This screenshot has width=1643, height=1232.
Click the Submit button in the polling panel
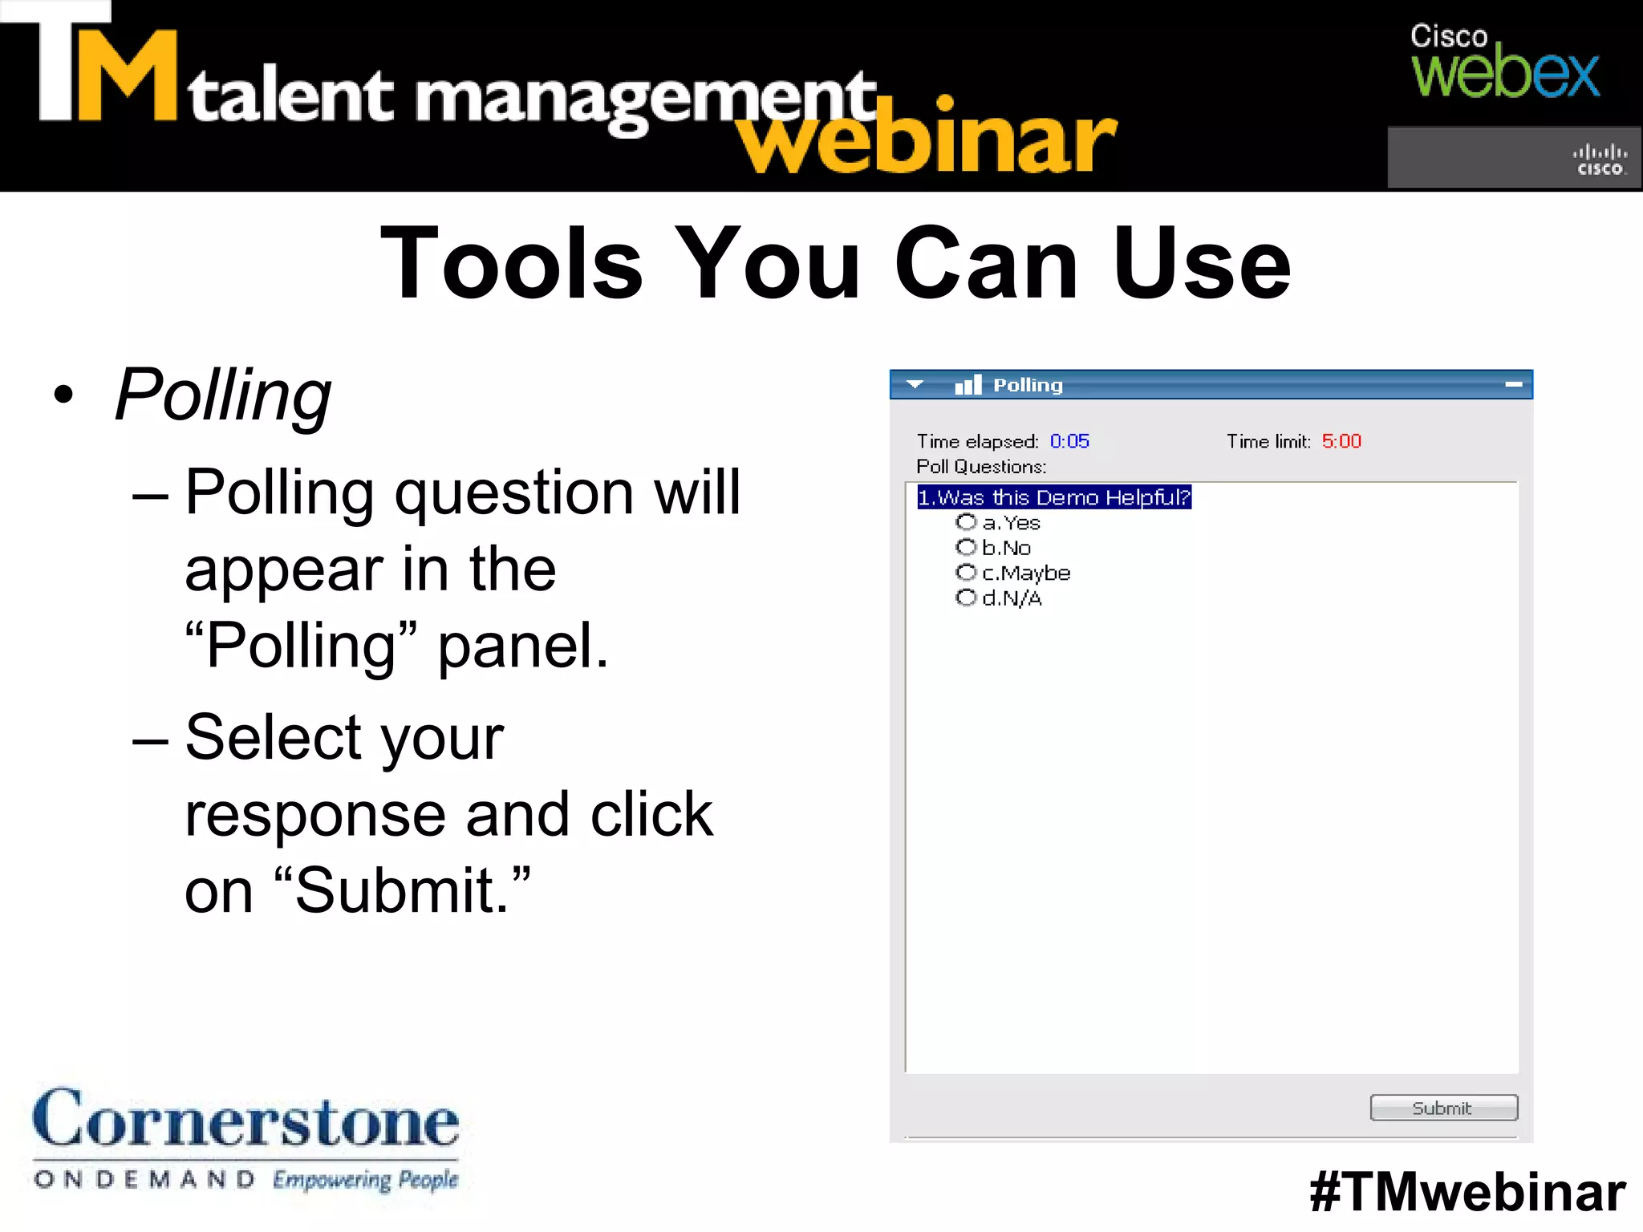coord(1443,1108)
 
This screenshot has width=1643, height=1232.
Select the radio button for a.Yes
coord(966,522)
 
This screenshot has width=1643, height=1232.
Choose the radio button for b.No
coord(966,547)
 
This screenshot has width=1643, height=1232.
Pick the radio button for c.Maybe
coord(966,572)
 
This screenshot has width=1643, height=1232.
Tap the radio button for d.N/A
coord(966,598)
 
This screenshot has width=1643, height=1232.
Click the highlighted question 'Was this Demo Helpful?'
coord(1053,497)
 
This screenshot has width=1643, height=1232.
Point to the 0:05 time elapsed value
coord(1069,441)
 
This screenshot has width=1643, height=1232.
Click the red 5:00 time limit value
coord(1341,441)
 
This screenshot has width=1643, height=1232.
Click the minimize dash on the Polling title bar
coord(1513,385)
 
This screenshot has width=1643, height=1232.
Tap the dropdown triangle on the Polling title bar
coord(915,384)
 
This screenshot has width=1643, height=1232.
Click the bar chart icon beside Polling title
coord(968,385)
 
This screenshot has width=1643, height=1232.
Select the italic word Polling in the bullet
coord(223,395)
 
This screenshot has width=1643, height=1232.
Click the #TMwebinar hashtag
coord(1467,1192)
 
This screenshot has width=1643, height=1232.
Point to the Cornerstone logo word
coord(245,1119)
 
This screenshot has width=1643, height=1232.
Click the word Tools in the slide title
coord(512,263)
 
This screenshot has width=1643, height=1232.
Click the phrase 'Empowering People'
coord(365,1180)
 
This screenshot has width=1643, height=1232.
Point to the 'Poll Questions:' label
coord(981,467)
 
